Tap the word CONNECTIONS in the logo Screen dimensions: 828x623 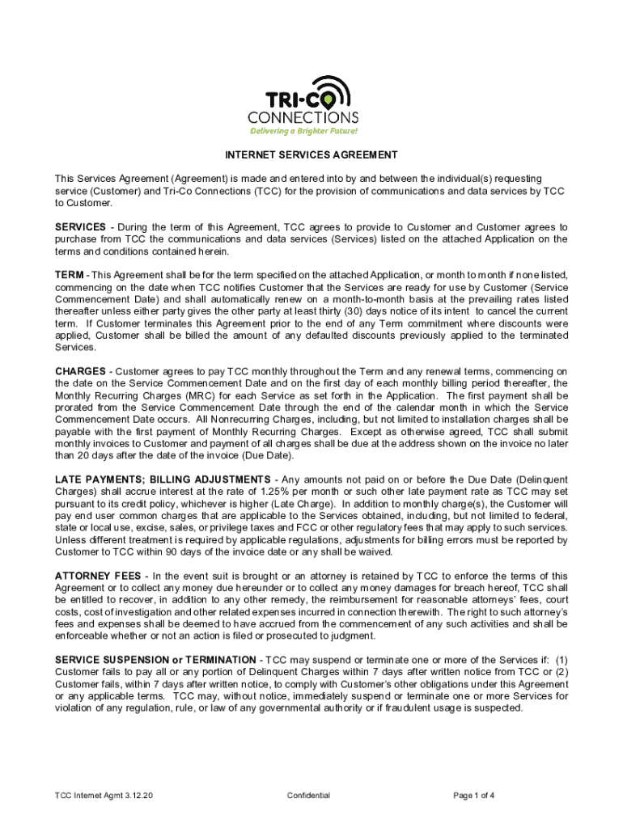(303, 117)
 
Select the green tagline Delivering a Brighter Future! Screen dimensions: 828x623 (303, 131)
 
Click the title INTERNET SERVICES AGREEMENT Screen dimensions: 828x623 (311, 154)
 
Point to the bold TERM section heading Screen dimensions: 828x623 (68, 276)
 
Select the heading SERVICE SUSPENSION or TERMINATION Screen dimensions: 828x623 (155, 661)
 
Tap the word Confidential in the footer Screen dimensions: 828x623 (308, 796)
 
